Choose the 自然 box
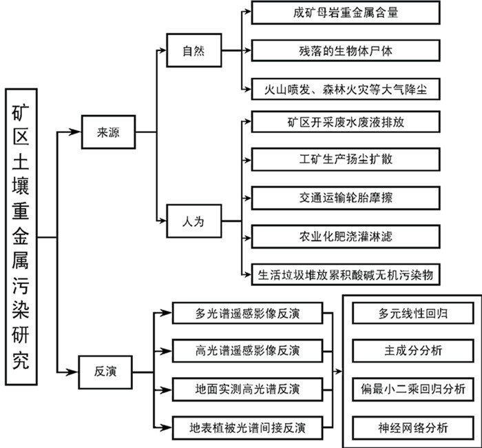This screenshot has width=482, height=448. point(196,52)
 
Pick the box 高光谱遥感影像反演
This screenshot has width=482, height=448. point(247,352)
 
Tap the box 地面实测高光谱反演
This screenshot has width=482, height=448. point(247,389)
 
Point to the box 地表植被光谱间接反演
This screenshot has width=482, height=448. point(247,427)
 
